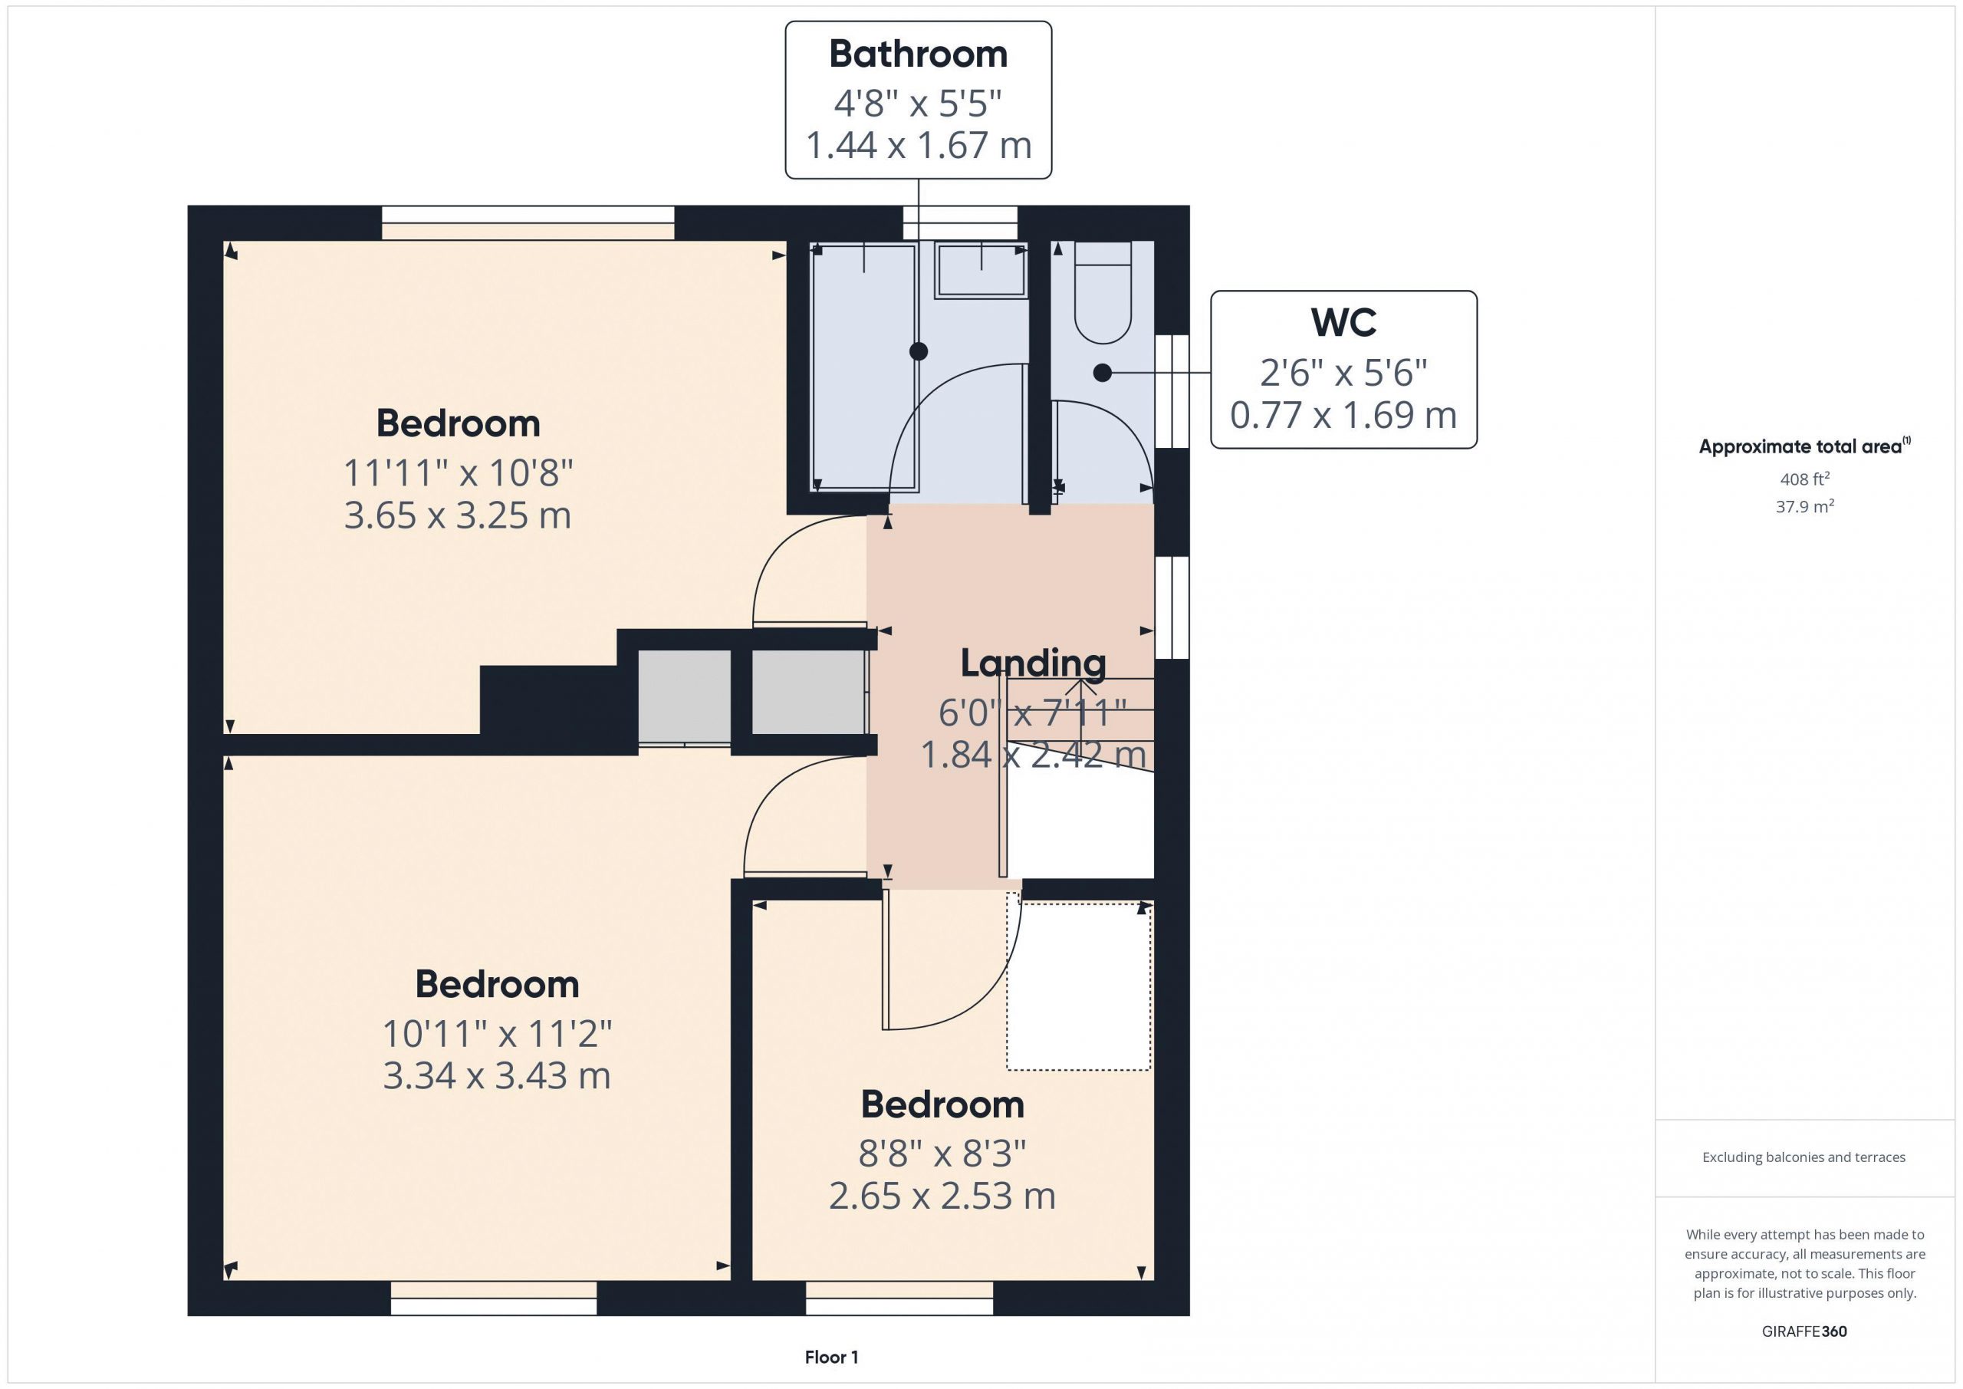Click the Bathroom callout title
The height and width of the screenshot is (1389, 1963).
(x=918, y=54)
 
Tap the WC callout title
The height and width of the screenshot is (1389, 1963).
(x=1343, y=322)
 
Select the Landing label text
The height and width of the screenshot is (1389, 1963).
(x=1033, y=663)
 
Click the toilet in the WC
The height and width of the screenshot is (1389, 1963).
(x=1103, y=291)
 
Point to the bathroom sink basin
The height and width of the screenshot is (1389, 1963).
(x=981, y=269)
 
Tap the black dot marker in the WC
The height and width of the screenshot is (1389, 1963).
(x=1103, y=373)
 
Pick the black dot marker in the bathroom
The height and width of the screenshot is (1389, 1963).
(x=918, y=351)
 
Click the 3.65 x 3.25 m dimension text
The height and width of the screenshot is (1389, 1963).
(x=458, y=515)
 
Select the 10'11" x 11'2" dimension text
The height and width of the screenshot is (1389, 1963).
(x=497, y=1034)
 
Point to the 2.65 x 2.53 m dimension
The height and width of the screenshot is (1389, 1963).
(x=942, y=1196)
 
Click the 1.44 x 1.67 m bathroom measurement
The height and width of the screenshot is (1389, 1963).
(x=918, y=146)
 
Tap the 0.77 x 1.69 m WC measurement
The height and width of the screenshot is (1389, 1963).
(x=1343, y=415)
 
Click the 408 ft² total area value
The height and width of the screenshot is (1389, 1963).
(x=1804, y=479)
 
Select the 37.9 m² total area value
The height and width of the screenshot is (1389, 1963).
(x=1804, y=506)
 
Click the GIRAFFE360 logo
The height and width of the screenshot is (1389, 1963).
(x=1804, y=1331)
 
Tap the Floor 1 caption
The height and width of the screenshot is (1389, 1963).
(x=831, y=1358)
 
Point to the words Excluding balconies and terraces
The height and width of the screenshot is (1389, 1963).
(x=1804, y=1157)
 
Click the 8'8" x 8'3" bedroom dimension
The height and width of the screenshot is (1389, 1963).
(x=942, y=1154)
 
